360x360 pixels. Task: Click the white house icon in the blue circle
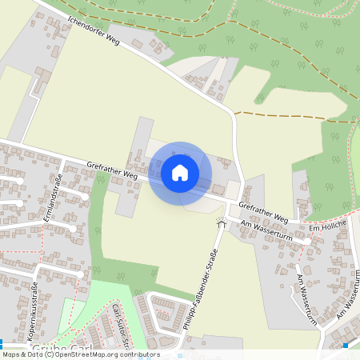(180, 173)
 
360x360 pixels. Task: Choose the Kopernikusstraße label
(35, 309)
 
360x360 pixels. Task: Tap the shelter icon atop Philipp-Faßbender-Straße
(221, 226)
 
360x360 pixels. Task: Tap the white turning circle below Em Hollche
(307, 240)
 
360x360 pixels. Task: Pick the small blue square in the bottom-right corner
(345, 346)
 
